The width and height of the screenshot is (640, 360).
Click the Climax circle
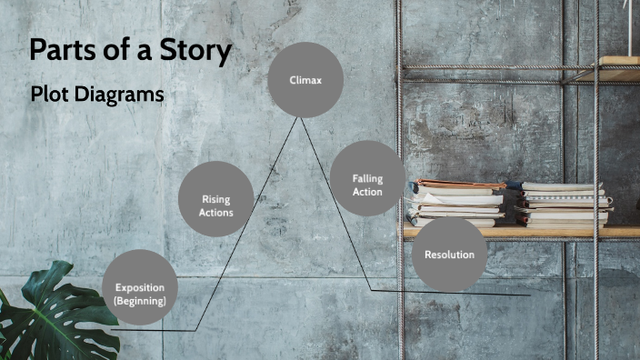coord(305,80)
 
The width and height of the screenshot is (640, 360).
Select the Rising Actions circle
coord(216,199)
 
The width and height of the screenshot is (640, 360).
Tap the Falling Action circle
coord(367,178)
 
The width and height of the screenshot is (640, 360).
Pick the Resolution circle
coord(449,255)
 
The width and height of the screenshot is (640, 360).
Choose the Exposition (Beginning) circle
coord(140,288)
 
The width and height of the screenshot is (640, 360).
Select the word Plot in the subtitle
coord(48,94)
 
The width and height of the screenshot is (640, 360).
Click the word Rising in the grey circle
coord(216,199)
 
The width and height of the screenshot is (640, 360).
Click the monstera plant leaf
coord(45,314)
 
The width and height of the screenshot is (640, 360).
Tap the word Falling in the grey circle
coord(367,178)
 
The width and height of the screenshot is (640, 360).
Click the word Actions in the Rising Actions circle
coord(216,213)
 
